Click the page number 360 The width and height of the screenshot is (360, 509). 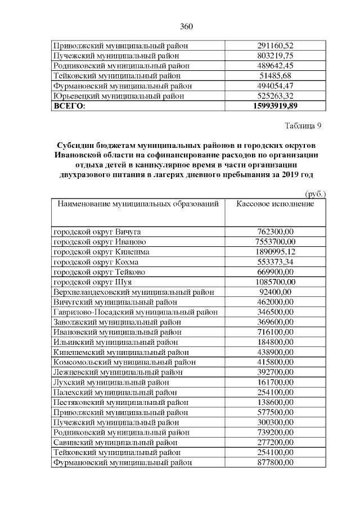coord(186,26)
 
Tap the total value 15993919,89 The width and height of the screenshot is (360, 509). coord(275,106)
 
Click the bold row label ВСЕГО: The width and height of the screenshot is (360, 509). coord(69,106)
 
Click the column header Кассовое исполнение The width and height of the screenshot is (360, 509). coord(275,204)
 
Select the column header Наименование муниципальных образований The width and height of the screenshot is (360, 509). coord(136,204)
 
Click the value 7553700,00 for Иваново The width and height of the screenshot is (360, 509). coord(275,241)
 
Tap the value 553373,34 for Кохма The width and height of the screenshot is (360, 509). coord(275,262)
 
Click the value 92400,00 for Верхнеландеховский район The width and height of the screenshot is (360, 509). coord(275,292)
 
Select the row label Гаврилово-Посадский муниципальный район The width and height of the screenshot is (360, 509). coord(135,312)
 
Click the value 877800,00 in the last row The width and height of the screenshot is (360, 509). coord(275,462)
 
